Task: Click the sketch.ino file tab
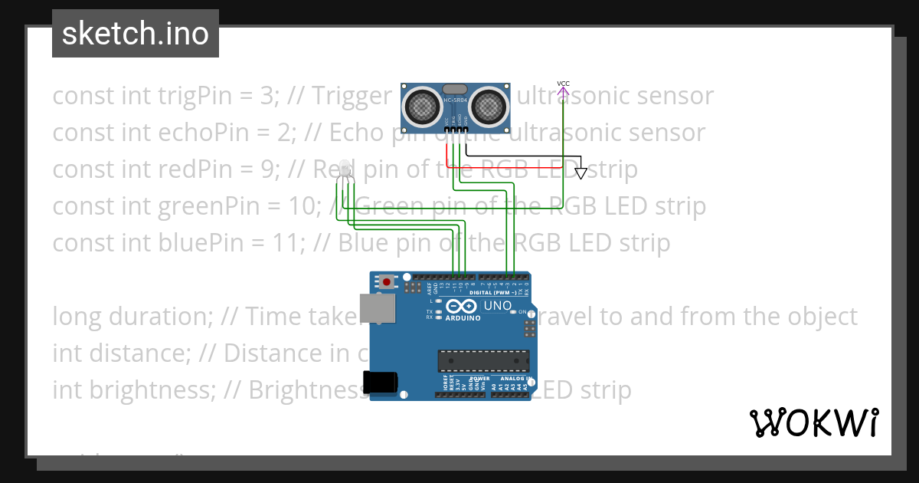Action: [136, 34]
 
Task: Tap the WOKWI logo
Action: [813, 422]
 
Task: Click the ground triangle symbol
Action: [581, 172]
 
